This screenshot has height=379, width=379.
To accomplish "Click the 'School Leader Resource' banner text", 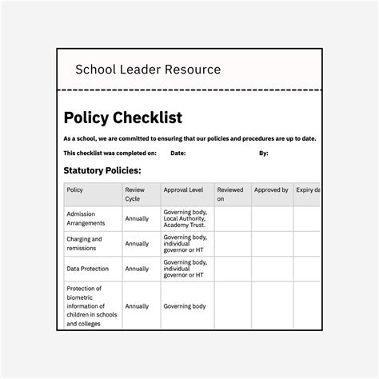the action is click(x=148, y=69).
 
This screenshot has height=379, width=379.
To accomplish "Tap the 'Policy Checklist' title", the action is click(x=123, y=118).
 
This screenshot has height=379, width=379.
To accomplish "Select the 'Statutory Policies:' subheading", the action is click(x=102, y=170).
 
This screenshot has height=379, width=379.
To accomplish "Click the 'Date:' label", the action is click(x=178, y=153).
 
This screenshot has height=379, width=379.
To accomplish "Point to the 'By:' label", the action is click(x=264, y=153).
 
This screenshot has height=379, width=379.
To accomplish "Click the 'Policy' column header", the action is click(x=75, y=190).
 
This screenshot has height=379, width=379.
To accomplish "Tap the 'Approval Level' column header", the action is click(x=183, y=190).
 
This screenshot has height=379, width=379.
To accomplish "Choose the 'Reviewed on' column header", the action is click(x=230, y=194).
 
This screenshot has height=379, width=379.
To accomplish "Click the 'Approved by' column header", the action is click(x=271, y=190).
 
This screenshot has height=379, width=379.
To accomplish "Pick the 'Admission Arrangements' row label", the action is click(x=86, y=218).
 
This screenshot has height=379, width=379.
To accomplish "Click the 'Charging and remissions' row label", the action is click(x=85, y=243).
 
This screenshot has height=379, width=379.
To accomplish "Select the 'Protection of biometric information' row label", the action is click(x=89, y=306).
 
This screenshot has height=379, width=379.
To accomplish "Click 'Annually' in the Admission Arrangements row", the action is click(x=137, y=218).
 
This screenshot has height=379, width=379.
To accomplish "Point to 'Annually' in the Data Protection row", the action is click(x=137, y=269).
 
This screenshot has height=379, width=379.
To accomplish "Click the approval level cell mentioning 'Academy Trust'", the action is click(x=185, y=218).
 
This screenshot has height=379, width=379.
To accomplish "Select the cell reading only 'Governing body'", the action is click(x=185, y=306).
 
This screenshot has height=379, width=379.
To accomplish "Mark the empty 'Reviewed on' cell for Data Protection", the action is click(x=232, y=269).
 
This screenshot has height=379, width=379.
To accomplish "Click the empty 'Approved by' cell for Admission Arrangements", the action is click(x=273, y=218).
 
